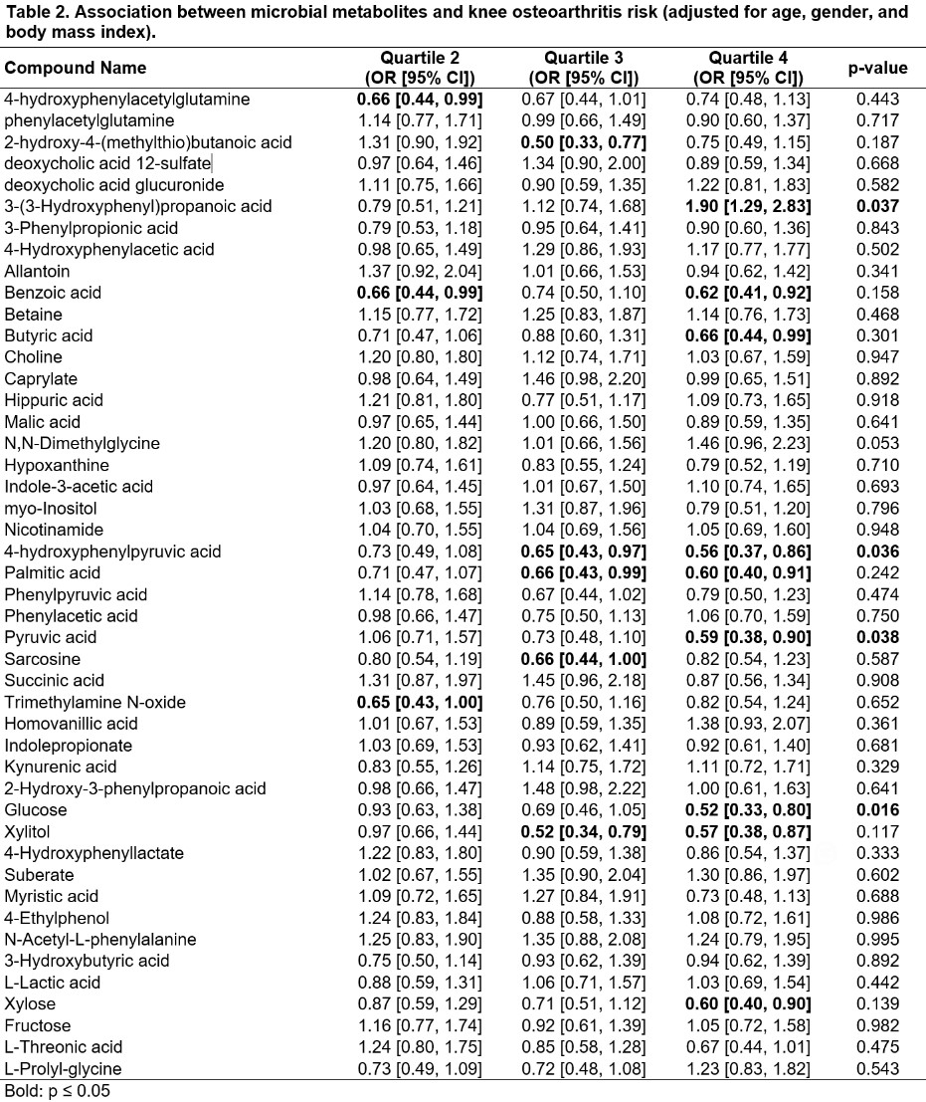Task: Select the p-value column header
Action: pyautogui.click(x=876, y=68)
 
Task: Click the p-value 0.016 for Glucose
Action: pyautogui.click(x=876, y=809)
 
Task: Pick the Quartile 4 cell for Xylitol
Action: pyautogui.click(x=749, y=831)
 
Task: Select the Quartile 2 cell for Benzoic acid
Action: pyautogui.click(x=420, y=293)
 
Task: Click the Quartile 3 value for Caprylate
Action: pyautogui.click(x=584, y=378)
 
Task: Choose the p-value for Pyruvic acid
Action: pyautogui.click(x=876, y=637)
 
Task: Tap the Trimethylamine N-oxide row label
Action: pyautogui.click(x=94, y=702)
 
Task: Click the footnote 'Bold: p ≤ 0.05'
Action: pyautogui.click(x=55, y=1090)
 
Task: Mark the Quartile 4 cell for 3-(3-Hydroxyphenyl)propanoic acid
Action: pyautogui.click(x=749, y=206)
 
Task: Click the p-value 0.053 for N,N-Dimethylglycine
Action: pyautogui.click(x=876, y=443)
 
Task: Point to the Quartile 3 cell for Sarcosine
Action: pyautogui.click(x=584, y=659)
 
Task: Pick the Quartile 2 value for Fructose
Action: pyautogui.click(x=420, y=1025)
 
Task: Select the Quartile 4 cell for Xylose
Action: pyautogui.click(x=749, y=1003)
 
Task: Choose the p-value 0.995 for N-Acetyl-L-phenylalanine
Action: pyautogui.click(x=876, y=939)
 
